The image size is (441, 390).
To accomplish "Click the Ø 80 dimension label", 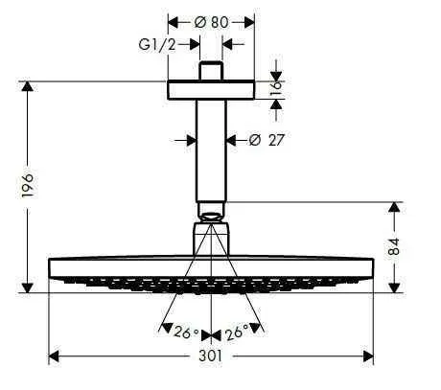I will pyautogui.click(x=212, y=20).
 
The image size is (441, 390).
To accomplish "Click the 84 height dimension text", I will pyautogui.click(x=418, y=247).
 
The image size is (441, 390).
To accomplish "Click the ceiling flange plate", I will pyautogui.click(x=212, y=89).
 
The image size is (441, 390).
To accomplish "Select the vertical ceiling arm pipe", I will pyautogui.click(x=212, y=149).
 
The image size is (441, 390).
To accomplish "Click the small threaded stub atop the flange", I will pyautogui.click(x=212, y=73).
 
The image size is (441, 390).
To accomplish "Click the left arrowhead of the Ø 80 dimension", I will pyautogui.click(x=173, y=20).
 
